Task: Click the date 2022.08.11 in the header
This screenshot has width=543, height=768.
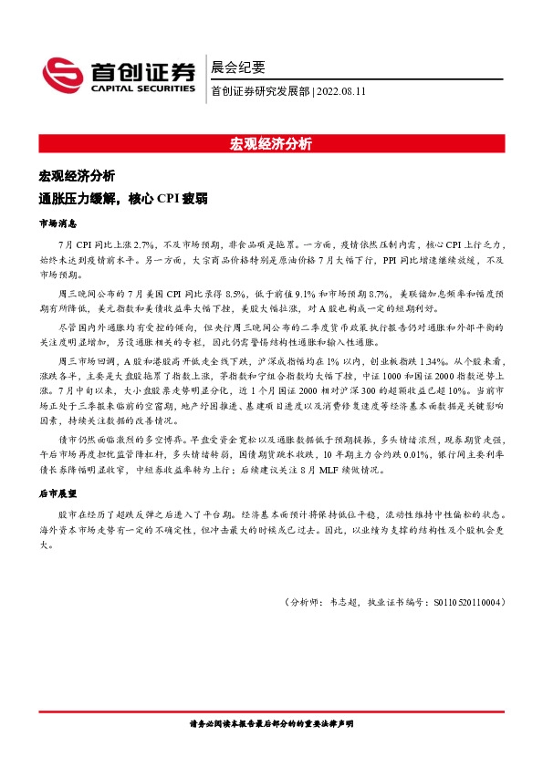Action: [x=345, y=90]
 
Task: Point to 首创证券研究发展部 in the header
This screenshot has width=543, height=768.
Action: [x=259, y=90]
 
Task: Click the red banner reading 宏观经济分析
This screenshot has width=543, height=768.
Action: [x=271, y=143]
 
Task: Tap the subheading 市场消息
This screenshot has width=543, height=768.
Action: [x=57, y=223]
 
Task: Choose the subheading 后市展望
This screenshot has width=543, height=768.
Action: [x=57, y=493]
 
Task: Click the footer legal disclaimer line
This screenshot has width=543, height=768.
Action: [x=271, y=723]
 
